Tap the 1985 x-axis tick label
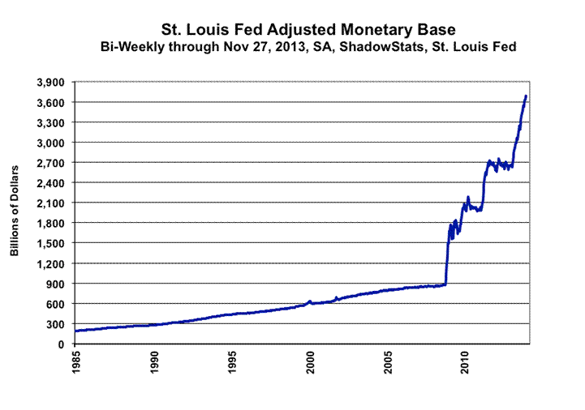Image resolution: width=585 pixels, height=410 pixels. click(75, 363)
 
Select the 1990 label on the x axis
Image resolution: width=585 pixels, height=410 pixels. click(153, 363)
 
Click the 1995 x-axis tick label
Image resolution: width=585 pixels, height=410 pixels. click(231, 363)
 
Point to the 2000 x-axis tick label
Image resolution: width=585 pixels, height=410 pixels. click(309, 363)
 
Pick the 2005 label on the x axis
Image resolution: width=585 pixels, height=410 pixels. click(387, 363)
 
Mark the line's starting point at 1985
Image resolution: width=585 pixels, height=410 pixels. click(75, 331)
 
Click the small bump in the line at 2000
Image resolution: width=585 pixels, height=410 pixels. click(309, 301)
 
